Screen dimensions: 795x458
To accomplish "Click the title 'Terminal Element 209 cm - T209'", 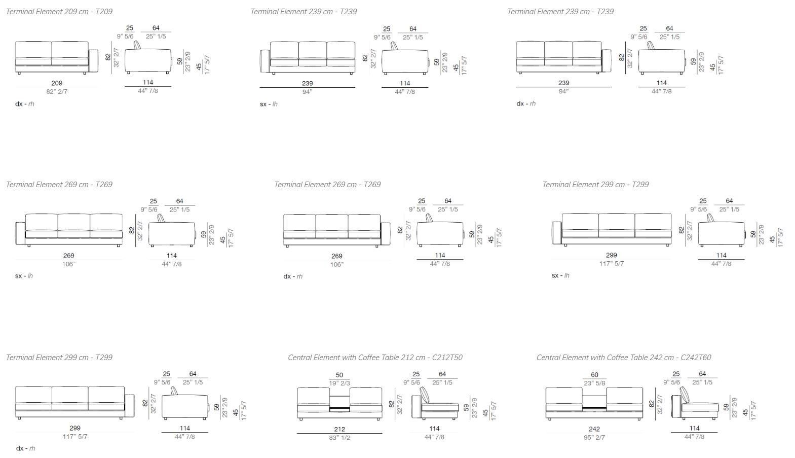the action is pyautogui.click(x=59, y=11).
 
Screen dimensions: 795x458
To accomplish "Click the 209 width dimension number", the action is pyautogui.click(x=57, y=83).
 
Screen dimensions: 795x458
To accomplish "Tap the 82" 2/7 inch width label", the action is pyautogui.click(x=57, y=92).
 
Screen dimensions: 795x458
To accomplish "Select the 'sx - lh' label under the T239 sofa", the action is pyautogui.click(x=269, y=104).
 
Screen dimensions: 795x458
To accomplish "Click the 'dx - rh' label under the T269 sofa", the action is pyautogui.click(x=293, y=276).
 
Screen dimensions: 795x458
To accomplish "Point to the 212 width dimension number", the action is pyautogui.click(x=339, y=429).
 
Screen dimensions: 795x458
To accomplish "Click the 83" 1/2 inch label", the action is pyautogui.click(x=339, y=438).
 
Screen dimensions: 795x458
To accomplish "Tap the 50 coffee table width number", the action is pyautogui.click(x=339, y=375).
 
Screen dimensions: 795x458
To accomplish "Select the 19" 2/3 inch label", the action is pyautogui.click(x=339, y=383).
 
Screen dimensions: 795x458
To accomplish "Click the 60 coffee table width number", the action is pyautogui.click(x=594, y=375).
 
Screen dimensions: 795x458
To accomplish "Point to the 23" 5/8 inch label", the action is pyautogui.click(x=594, y=383).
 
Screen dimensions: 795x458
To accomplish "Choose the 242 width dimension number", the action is pyautogui.click(x=594, y=429).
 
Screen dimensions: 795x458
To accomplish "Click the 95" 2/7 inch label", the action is pyautogui.click(x=594, y=438).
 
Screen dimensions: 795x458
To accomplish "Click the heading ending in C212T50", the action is pyautogui.click(x=375, y=358).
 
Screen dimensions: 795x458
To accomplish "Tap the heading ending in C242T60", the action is pyautogui.click(x=624, y=358).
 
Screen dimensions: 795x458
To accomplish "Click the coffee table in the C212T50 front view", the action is pyautogui.click(x=339, y=409).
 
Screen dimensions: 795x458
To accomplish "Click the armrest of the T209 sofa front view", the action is pyautogui.click(x=93, y=61).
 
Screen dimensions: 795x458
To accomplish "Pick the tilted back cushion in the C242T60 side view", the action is pyautogui.click(x=684, y=395).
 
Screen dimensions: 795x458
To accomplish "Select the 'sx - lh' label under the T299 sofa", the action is pyautogui.click(x=560, y=275).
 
